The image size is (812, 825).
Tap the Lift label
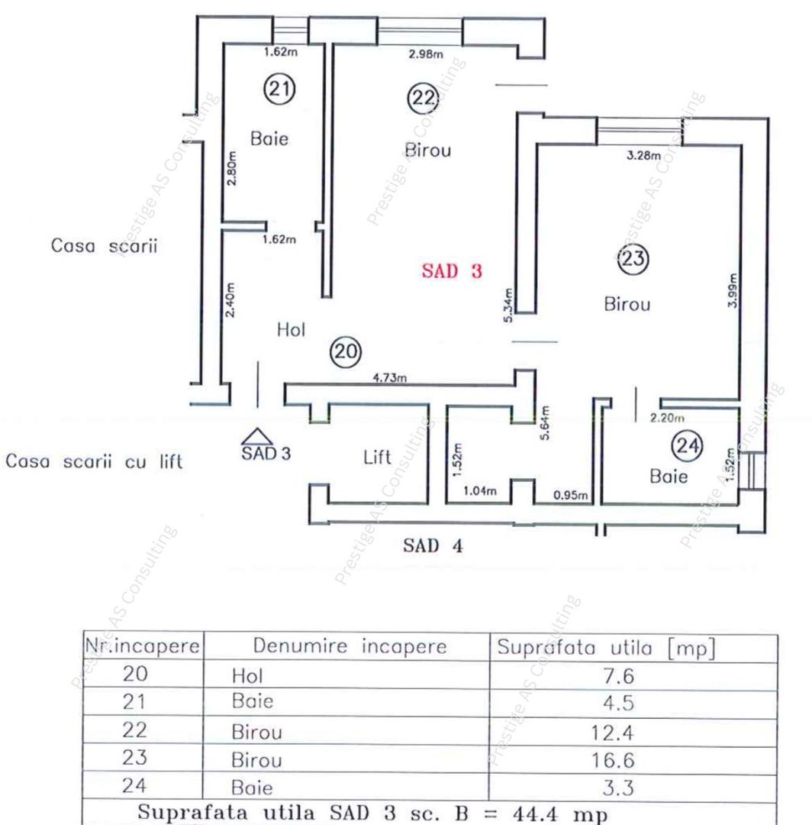(377, 458)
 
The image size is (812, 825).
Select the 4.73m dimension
(389, 377)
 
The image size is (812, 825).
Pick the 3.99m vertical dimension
(732, 290)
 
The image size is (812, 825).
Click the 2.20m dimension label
(666, 418)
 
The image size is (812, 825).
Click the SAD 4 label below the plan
(432, 546)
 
